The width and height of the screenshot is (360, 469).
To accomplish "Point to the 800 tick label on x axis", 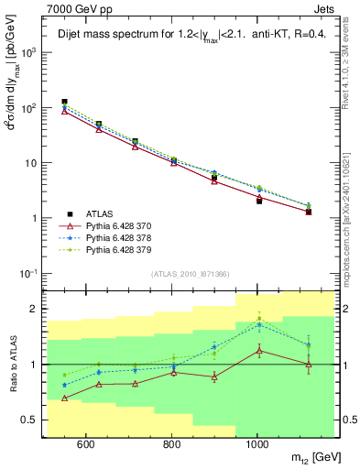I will coord(171,443).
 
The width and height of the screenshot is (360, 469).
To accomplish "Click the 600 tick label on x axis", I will coord(85,443).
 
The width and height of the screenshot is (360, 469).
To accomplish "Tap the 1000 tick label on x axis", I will coord(256,443).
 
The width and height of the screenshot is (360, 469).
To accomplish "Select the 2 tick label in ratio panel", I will coord(37,309).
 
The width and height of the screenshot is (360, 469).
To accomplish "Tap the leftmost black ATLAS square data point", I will coord(64,102).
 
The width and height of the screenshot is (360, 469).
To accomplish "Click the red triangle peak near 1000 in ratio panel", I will coord(259,350).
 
